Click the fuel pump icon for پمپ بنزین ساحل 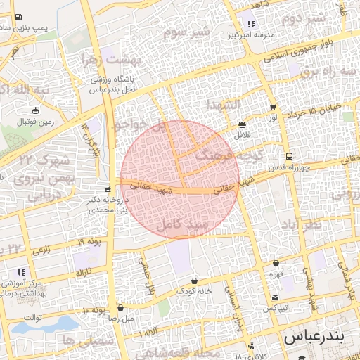pyautogui.click(x=18, y=17)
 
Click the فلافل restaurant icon pyautogui.click(x=243, y=121)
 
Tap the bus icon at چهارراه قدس pyautogui.click(x=289, y=156)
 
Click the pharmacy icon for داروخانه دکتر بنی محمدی pyautogui.click(x=108, y=188)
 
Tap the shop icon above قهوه pyautogui.click(x=276, y=264)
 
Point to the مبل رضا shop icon pyautogui.click(x=121, y=307)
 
